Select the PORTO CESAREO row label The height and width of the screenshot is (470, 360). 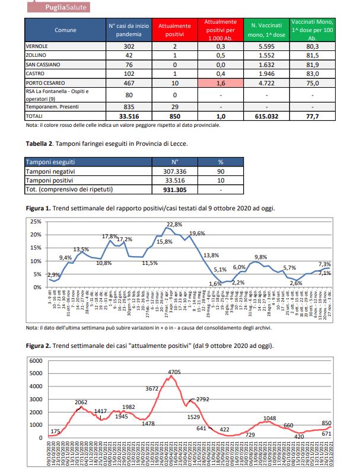(45, 82)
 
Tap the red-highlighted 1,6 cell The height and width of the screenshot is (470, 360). (221, 82)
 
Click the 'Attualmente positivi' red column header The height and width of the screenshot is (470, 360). (174, 30)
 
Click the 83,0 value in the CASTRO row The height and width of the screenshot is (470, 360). (312, 73)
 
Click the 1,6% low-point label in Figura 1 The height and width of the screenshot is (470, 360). (215, 284)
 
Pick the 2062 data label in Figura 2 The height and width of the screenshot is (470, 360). (81, 402)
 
